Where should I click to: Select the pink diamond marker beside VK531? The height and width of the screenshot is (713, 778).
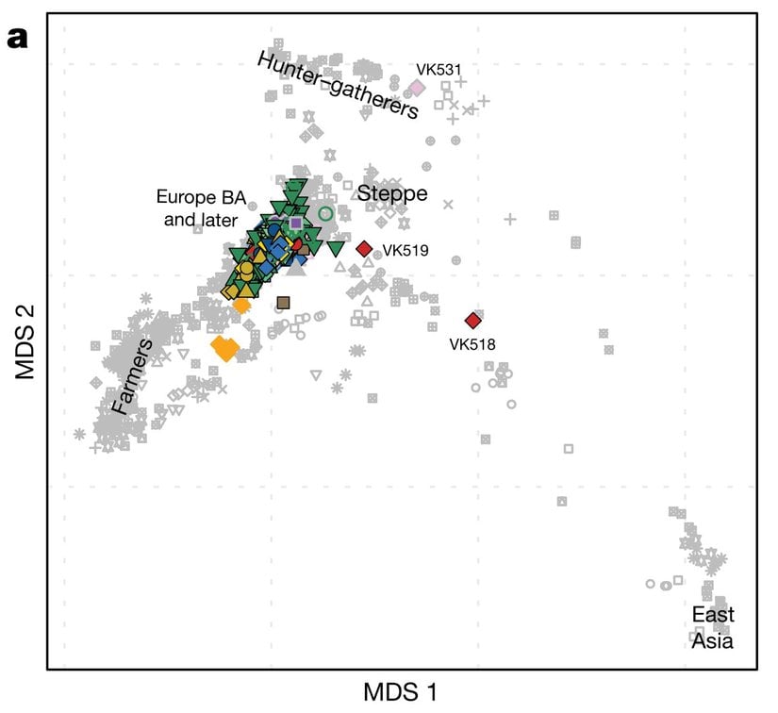pos(417,89)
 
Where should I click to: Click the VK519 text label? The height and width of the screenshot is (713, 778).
pos(406,251)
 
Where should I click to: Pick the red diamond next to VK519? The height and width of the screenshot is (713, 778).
pos(364,249)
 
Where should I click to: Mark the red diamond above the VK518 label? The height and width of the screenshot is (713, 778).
pos(473,321)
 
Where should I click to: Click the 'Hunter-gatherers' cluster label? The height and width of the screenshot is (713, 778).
pos(337,85)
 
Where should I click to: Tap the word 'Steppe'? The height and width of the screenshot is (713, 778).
pos(392,194)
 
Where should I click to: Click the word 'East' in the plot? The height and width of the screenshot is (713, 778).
pos(714,615)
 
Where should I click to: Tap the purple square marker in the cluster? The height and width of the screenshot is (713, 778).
pos(296,224)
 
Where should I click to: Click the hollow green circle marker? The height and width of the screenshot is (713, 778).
pos(325,214)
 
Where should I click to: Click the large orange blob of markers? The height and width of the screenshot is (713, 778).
pos(225,348)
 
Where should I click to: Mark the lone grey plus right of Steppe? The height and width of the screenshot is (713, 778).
pos(510,219)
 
